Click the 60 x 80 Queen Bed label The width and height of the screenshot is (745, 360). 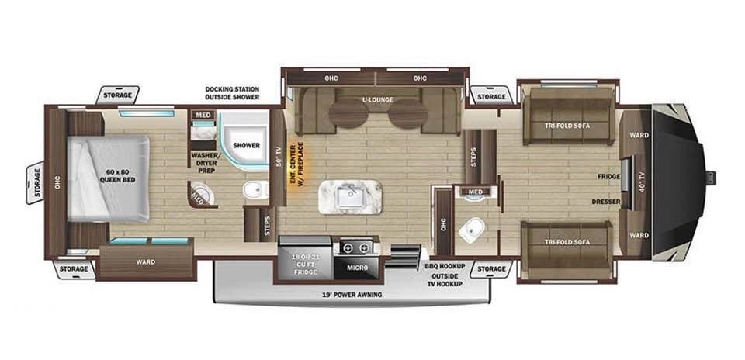point(117,176)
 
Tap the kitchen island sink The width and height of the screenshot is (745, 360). point(350,196)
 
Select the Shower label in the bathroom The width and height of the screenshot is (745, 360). point(246,145)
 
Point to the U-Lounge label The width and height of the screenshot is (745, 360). point(377,100)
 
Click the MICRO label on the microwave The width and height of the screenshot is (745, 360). point(357,268)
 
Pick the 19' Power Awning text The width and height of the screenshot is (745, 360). point(352,295)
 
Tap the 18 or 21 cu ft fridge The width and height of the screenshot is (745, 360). point(304,258)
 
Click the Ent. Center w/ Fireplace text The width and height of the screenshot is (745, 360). point(296,166)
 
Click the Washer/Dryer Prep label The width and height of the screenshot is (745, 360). point(203,162)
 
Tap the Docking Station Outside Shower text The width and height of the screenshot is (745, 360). point(232,93)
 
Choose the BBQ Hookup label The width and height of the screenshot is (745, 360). point(445,266)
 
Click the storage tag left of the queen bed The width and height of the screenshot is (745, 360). point(35,183)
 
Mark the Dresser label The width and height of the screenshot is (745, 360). point(606,202)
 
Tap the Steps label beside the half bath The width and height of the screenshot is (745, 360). point(473,156)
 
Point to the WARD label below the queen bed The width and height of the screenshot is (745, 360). point(145,261)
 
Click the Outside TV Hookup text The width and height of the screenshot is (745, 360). point(445,280)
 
